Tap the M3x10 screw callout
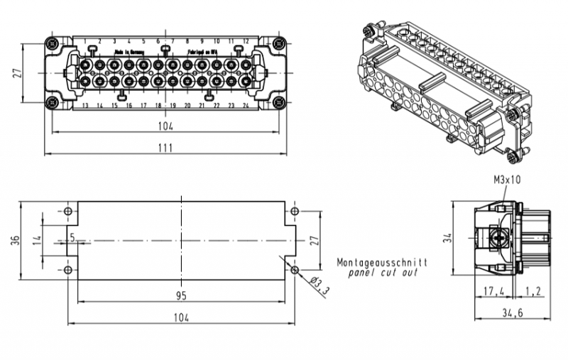(x=507, y=180)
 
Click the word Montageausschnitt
(x=382, y=261)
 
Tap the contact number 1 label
(x=85, y=41)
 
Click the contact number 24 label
(x=245, y=106)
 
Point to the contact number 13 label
(x=85, y=106)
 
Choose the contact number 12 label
(x=245, y=41)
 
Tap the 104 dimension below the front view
(x=165, y=126)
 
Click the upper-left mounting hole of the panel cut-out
(x=68, y=212)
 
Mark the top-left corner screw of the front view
(x=51, y=44)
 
